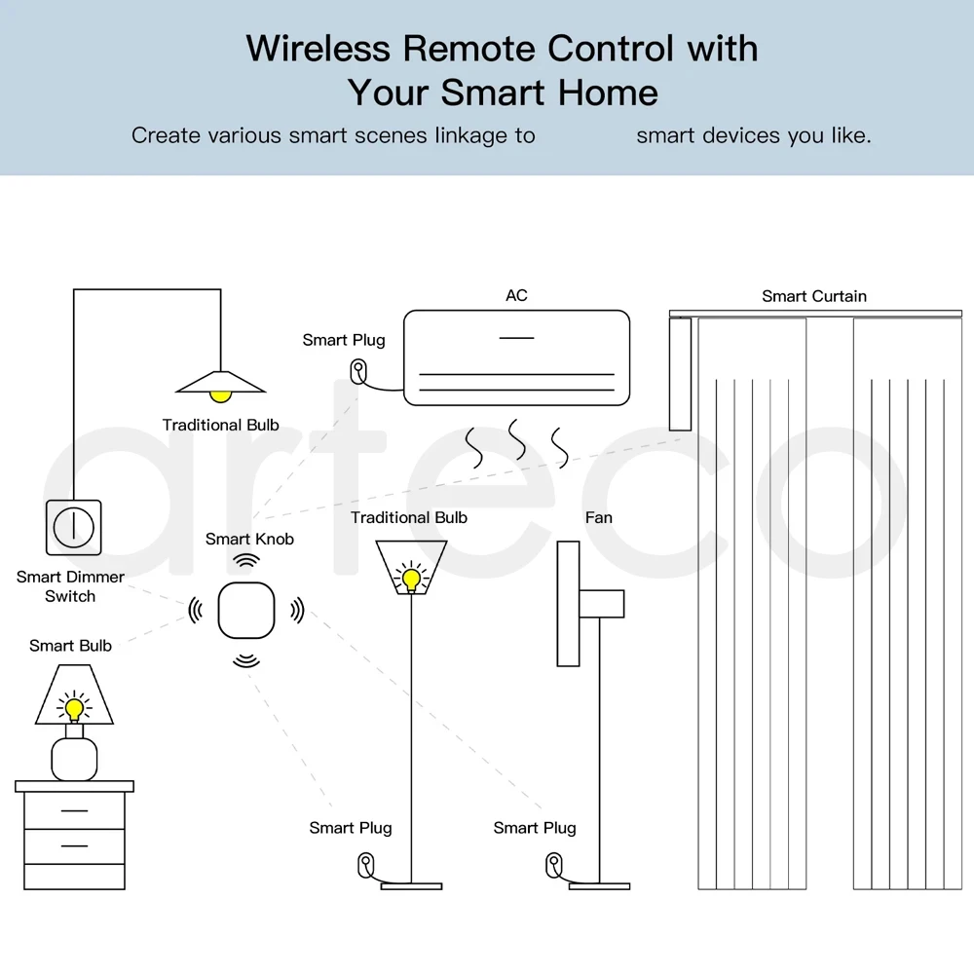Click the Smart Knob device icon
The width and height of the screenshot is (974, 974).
(x=247, y=611)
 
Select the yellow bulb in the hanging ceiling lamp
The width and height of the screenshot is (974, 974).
(x=222, y=395)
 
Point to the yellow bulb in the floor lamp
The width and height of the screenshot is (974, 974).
(x=410, y=580)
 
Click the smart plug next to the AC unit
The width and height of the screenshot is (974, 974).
(x=359, y=370)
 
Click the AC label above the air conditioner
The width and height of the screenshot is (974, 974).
(x=516, y=295)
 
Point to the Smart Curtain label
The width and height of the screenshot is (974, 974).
(x=813, y=296)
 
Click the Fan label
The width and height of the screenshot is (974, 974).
(x=598, y=517)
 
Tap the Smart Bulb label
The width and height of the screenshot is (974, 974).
(x=70, y=646)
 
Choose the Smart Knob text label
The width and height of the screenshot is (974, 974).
(x=249, y=539)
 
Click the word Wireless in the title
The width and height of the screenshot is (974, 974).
(x=318, y=48)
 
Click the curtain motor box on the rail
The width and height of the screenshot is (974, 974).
(x=680, y=373)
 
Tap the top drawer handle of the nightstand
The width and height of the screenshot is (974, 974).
(x=74, y=809)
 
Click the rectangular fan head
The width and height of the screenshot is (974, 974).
(x=568, y=605)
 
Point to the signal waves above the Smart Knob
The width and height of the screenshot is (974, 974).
(x=247, y=561)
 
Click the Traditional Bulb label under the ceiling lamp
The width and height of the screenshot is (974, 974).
(x=220, y=425)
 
